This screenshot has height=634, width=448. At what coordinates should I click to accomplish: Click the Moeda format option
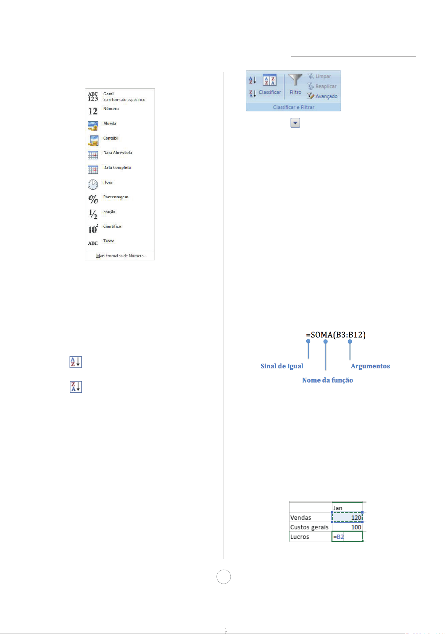coord(109,123)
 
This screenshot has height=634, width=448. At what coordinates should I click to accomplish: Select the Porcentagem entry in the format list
coord(116,197)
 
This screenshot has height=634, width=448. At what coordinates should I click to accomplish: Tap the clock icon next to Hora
coord(93,184)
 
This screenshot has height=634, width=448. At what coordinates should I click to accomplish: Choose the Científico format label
coord(112,227)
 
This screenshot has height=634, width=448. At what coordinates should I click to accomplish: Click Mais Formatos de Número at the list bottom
coord(121,256)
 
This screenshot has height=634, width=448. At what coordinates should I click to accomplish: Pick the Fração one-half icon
coord(93,214)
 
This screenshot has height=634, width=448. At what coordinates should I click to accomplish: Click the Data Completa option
coord(117,168)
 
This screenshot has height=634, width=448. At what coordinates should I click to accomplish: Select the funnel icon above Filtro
coord(295,81)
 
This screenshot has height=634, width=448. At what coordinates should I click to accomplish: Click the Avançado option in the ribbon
coord(326,96)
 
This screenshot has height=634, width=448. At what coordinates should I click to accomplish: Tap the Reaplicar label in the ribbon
coord(325,86)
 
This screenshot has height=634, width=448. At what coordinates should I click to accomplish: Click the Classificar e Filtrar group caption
coord(294,107)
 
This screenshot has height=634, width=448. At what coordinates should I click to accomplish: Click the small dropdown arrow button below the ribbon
coord(295,123)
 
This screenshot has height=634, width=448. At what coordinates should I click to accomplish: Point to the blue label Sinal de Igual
coord(282,366)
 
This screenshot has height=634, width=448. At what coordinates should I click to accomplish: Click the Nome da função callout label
coord(327,380)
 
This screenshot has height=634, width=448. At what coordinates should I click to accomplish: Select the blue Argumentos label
coord(370,366)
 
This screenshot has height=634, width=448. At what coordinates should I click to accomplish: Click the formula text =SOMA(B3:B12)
coord(336,334)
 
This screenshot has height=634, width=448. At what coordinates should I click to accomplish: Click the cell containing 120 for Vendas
coord(348,517)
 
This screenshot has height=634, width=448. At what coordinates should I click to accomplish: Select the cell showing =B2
coord(347,537)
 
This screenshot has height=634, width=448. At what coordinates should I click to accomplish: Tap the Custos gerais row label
coord(309,527)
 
